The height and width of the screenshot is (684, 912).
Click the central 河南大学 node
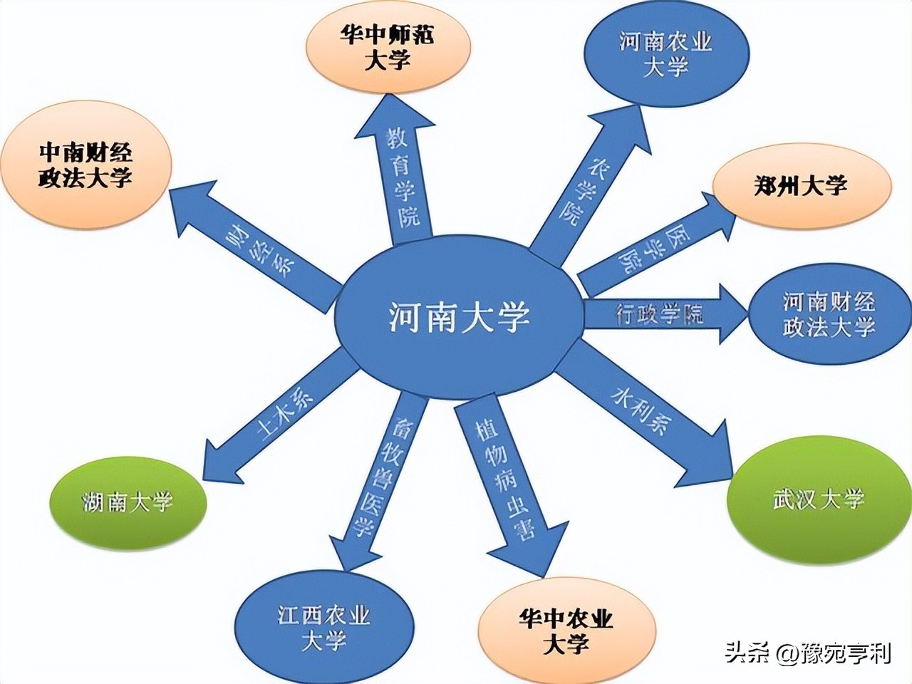(460, 317)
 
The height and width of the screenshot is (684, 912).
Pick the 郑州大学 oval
(801, 187)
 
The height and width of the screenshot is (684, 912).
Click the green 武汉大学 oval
(819, 498)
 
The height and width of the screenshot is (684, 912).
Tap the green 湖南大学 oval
(128, 502)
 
